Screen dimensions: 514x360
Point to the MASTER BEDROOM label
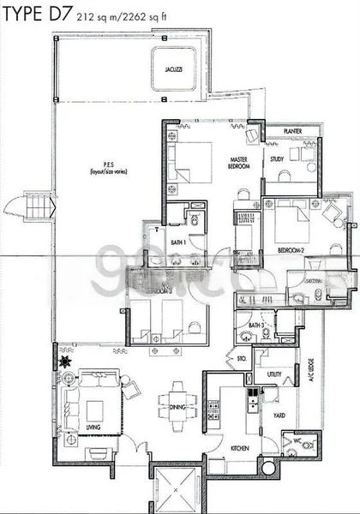click(239, 163)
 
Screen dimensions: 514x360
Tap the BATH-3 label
click(255, 326)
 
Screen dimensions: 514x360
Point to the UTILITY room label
click(274, 374)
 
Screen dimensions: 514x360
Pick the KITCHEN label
click(239, 448)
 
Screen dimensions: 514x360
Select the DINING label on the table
click(179, 408)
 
